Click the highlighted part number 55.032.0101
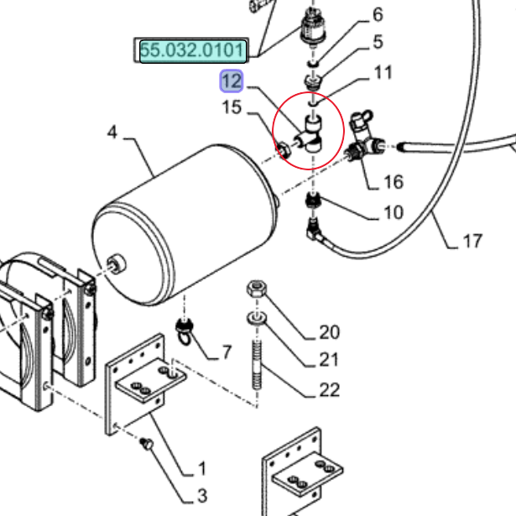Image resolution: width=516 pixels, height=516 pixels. [x=193, y=51]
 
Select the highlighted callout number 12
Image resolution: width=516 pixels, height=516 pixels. [x=231, y=81]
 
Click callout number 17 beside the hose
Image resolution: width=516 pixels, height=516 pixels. [x=472, y=241]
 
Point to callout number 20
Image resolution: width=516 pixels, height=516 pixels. [x=329, y=333]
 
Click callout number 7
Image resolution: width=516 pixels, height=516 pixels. [x=226, y=352]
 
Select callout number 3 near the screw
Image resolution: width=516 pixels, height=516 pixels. [x=201, y=496]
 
